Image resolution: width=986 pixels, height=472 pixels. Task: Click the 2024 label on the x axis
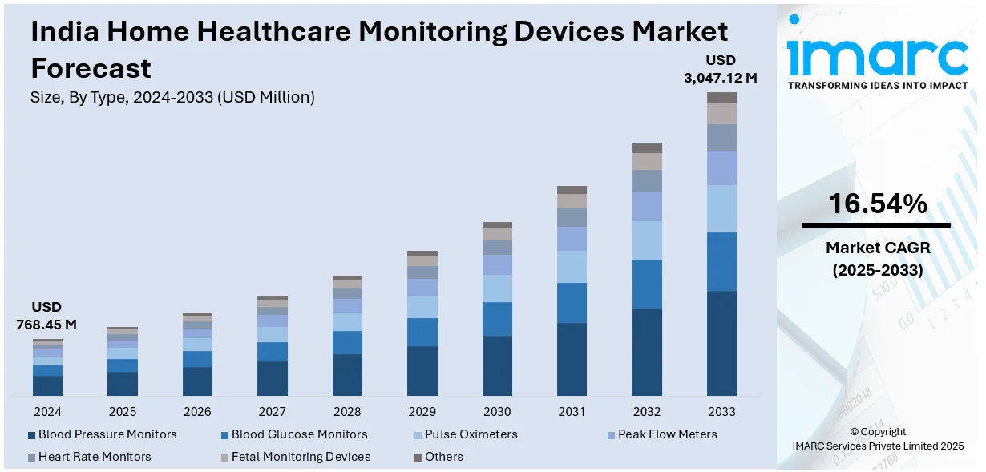(x=47, y=411)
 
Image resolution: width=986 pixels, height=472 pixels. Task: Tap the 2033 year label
(x=721, y=411)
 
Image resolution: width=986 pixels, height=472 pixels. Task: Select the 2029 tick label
(x=422, y=411)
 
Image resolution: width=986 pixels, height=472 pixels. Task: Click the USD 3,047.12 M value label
(x=720, y=69)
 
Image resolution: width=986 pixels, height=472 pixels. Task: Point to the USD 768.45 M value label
(x=46, y=316)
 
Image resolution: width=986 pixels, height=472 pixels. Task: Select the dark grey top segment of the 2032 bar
(x=647, y=148)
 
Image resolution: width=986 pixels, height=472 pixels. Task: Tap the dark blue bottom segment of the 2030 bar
(x=497, y=365)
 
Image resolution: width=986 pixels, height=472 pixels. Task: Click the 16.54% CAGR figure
(x=877, y=204)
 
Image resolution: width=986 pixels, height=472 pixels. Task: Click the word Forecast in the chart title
(x=91, y=68)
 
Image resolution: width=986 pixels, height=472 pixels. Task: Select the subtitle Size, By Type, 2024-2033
(x=172, y=98)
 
